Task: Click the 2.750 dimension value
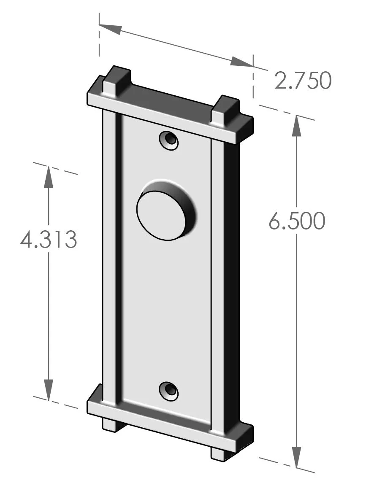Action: pyautogui.click(x=302, y=81)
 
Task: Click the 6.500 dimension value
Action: pyautogui.click(x=297, y=221)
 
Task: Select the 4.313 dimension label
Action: pyautogui.click(x=49, y=240)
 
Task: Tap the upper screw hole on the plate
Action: pyautogui.click(x=169, y=139)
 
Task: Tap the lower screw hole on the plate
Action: pyautogui.click(x=169, y=390)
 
